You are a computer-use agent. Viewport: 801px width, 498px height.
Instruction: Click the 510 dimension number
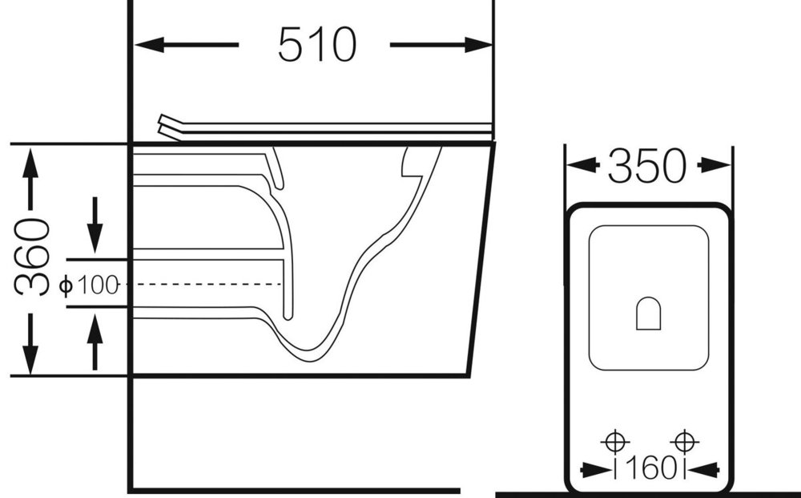coord(316,44)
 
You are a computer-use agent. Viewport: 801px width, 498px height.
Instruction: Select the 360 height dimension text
coord(32,257)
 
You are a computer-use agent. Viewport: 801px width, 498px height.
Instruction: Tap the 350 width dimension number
coord(647,166)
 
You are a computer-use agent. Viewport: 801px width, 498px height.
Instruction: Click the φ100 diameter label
coord(89,285)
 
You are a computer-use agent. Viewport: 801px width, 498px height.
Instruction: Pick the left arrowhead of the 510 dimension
coord(149,45)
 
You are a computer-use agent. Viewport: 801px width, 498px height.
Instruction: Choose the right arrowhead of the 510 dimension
coord(478,45)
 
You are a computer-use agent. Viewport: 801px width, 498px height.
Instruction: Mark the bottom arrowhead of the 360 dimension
coord(30,359)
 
